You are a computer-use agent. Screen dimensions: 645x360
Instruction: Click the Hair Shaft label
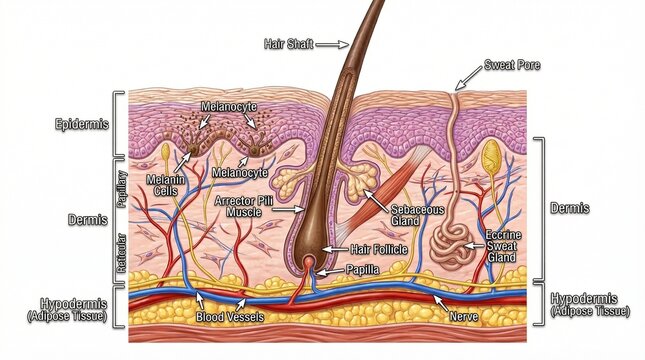point(289,43)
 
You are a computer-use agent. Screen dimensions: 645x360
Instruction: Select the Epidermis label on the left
point(81,125)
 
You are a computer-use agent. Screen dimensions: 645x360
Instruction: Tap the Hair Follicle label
point(378,248)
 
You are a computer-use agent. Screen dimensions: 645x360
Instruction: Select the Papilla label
point(364,268)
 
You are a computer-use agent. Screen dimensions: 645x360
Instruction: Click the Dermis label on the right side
point(570,209)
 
